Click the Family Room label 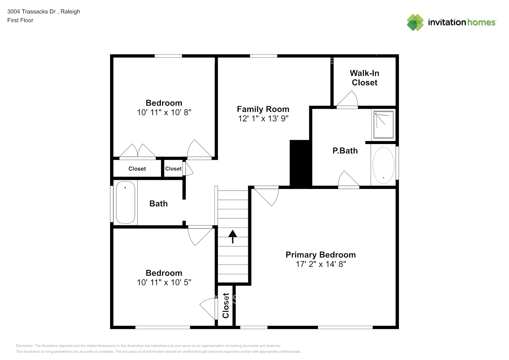(263, 109)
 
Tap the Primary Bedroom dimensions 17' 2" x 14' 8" (320, 264)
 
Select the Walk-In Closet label (364, 78)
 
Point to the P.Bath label (345, 151)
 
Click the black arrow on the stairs (233, 236)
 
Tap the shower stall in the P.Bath (383, 125)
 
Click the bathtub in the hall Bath (125, 202)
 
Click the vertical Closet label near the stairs (226, 305)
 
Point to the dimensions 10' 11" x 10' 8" (164, 112)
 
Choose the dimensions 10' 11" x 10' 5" (164, 283)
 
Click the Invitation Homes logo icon (415, 22)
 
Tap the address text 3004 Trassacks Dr (31, 12)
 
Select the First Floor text (20, 20)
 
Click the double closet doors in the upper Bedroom (138, 151)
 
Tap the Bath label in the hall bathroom (158, 204)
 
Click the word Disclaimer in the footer (24, 346)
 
